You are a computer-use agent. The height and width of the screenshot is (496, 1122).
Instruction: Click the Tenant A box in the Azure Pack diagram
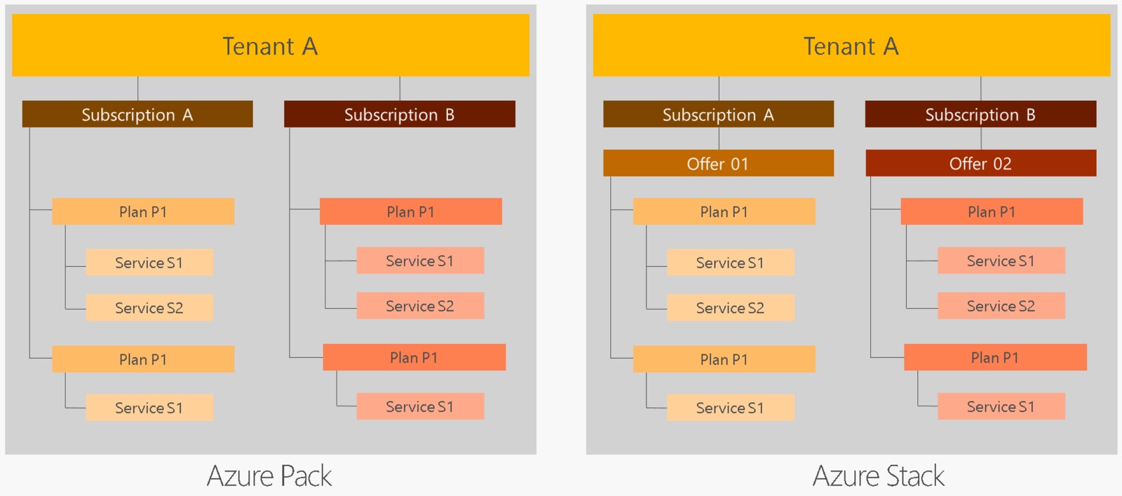point(270,46)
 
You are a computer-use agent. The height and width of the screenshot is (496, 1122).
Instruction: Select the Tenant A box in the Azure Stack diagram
point(851,46)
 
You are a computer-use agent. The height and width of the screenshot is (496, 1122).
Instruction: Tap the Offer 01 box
point(718,163)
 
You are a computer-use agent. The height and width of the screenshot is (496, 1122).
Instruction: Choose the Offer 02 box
point(980,163)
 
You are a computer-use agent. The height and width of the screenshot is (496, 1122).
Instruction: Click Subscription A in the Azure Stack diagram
point(718,114)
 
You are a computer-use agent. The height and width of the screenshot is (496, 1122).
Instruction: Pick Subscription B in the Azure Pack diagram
point(399,114)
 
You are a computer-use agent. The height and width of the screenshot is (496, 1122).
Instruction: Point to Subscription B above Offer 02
point(980,114)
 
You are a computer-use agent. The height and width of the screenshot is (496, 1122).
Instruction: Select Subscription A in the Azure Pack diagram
point(137,114)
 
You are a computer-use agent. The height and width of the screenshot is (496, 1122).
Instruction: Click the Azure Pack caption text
point(269,476)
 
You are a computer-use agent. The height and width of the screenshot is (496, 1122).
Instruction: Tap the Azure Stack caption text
point(878,476)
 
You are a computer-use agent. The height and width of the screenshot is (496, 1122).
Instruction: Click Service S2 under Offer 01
point(730,308)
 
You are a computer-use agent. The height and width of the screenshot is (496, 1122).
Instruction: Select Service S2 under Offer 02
point(1001,305)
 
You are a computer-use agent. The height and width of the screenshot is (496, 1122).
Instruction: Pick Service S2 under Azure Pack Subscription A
point(149,308)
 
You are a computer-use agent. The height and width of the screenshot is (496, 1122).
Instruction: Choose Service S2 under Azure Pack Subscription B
point(419,305)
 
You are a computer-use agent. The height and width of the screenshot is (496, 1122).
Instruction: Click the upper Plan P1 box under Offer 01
point(724,212)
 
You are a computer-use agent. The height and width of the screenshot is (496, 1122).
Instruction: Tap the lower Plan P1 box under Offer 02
point(994,357)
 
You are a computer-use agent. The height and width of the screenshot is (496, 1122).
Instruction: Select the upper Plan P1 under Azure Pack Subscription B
point(410,212)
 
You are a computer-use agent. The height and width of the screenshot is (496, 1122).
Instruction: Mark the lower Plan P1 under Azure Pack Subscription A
point(143,359)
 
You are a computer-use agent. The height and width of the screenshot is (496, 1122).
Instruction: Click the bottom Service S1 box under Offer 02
point(1001,406)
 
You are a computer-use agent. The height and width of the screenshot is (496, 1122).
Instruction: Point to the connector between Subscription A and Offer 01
point(719,139)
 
